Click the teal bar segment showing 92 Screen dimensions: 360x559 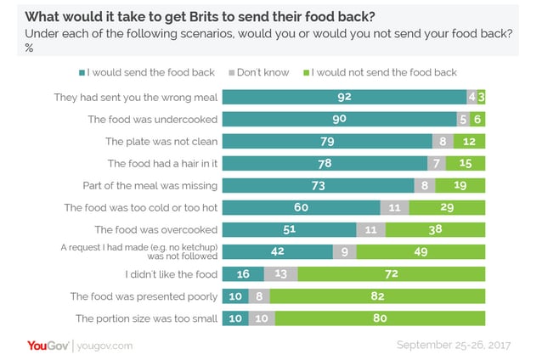pyautogui.click(x=343, y=97)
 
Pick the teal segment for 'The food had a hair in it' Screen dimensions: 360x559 pyautogui.click(x=324, y=163)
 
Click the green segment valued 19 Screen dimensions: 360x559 pyautogui.click(x=460, y=185)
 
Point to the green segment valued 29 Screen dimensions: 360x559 pyautogui.click(x=447, y=207)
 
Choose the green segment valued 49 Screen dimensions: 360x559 pyautogui.click(x=421, y=251)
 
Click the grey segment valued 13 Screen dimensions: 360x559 pyautogui.click(x=280, y=273)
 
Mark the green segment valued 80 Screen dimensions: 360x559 pyautogui.click(x=379, y=318)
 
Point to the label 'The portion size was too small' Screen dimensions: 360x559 pyautogui.click(x=145, y=318)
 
